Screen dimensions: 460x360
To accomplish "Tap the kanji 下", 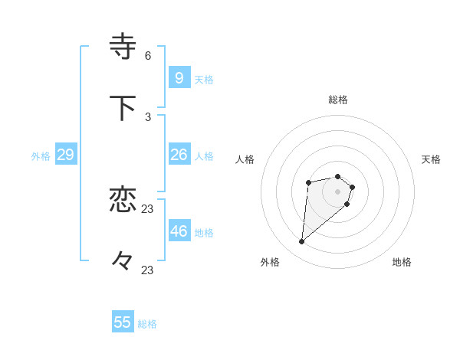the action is pyautogui.click(x=123, y=108).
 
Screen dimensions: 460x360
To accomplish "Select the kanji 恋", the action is pyautogui.click(x=123, y=200).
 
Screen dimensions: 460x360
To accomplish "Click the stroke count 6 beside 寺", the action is pyautogui.click(x=148, y=56).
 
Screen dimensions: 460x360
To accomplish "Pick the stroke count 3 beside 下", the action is pyautogui.click(x=148, y=116).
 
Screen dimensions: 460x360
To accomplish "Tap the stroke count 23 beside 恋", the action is pyautogui.click(x=148, y=208).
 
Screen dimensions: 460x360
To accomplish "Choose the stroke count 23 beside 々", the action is pyautogui.click(x=148, y=270).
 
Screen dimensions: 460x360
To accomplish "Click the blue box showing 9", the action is pyautogui.click(x=179, y=77).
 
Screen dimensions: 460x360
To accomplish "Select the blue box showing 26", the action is pyautogui.click(x=179, y=155).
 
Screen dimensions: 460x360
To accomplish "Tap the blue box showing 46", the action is pyautogui.click(x=179, y=231).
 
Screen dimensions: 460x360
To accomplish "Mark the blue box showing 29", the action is pyautogui.click(x=65, y=155).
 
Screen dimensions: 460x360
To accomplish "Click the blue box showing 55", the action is pyautogui.click(x=123, y=322).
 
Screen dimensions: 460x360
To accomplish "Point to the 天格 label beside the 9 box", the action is pyautogui.click(x=204, y=80).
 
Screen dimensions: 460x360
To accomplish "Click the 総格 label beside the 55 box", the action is pyautogui.click(x=147, y=324).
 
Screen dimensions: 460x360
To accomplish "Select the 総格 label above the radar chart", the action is pyautogui.click(x=338, y=100).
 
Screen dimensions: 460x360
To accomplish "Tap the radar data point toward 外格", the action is pyautogui.click(x=302, y=242).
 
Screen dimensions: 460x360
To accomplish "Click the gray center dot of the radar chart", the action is pyautogui.click(x=338, y=191).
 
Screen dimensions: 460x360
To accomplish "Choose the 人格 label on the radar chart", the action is pyautogui.click(x=245, y=159).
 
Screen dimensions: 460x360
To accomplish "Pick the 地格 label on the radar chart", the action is pyautogui.click(x=402, y=262).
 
